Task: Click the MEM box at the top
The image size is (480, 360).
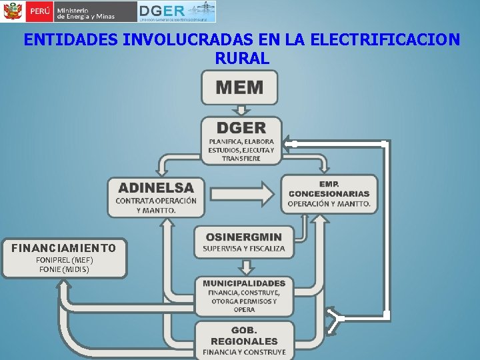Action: point(240,87)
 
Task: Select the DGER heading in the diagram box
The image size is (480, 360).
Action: point(241,127)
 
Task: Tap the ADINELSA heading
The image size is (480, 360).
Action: point(156,188)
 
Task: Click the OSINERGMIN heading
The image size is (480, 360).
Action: point(244,237)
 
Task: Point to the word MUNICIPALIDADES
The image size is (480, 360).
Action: point(244,283)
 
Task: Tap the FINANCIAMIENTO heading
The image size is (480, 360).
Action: point(63,248)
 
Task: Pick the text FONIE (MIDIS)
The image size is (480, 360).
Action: point(64,269)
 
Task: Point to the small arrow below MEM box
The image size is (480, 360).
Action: point(241,110)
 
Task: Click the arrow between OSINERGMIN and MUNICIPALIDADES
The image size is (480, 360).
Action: point(246,266)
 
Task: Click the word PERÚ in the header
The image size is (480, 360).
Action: point(39,12)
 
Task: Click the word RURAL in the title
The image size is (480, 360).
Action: point(242,59)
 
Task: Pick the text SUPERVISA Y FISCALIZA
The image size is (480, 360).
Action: point(244,249)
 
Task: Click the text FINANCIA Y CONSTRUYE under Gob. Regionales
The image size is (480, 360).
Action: point(244,351)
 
